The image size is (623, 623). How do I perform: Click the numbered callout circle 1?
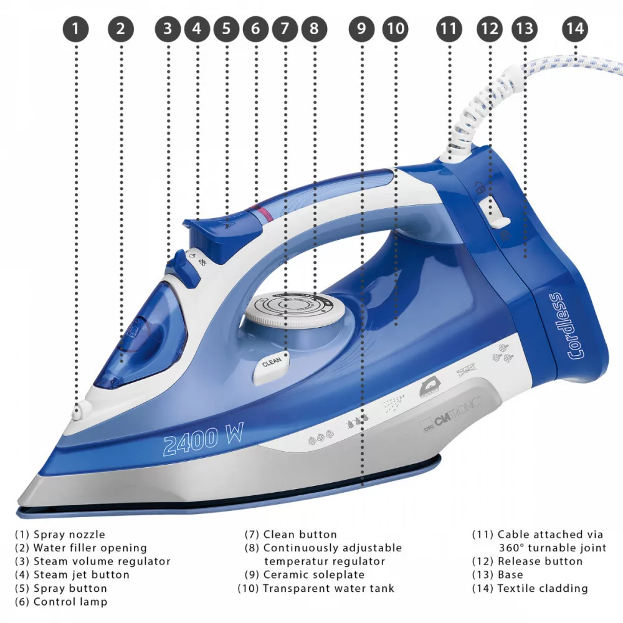pyautogui.click(x=76, y=28)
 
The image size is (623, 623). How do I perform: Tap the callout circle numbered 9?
pyautogui.click(x=362, y=28)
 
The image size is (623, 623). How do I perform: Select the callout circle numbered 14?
pyautogui.click(x=574, y=28)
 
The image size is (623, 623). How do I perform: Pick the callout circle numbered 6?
pyautogui.click(x=255, y=28)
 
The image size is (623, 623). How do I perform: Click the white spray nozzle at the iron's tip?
pyautogui.click(x=79, y=410)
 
